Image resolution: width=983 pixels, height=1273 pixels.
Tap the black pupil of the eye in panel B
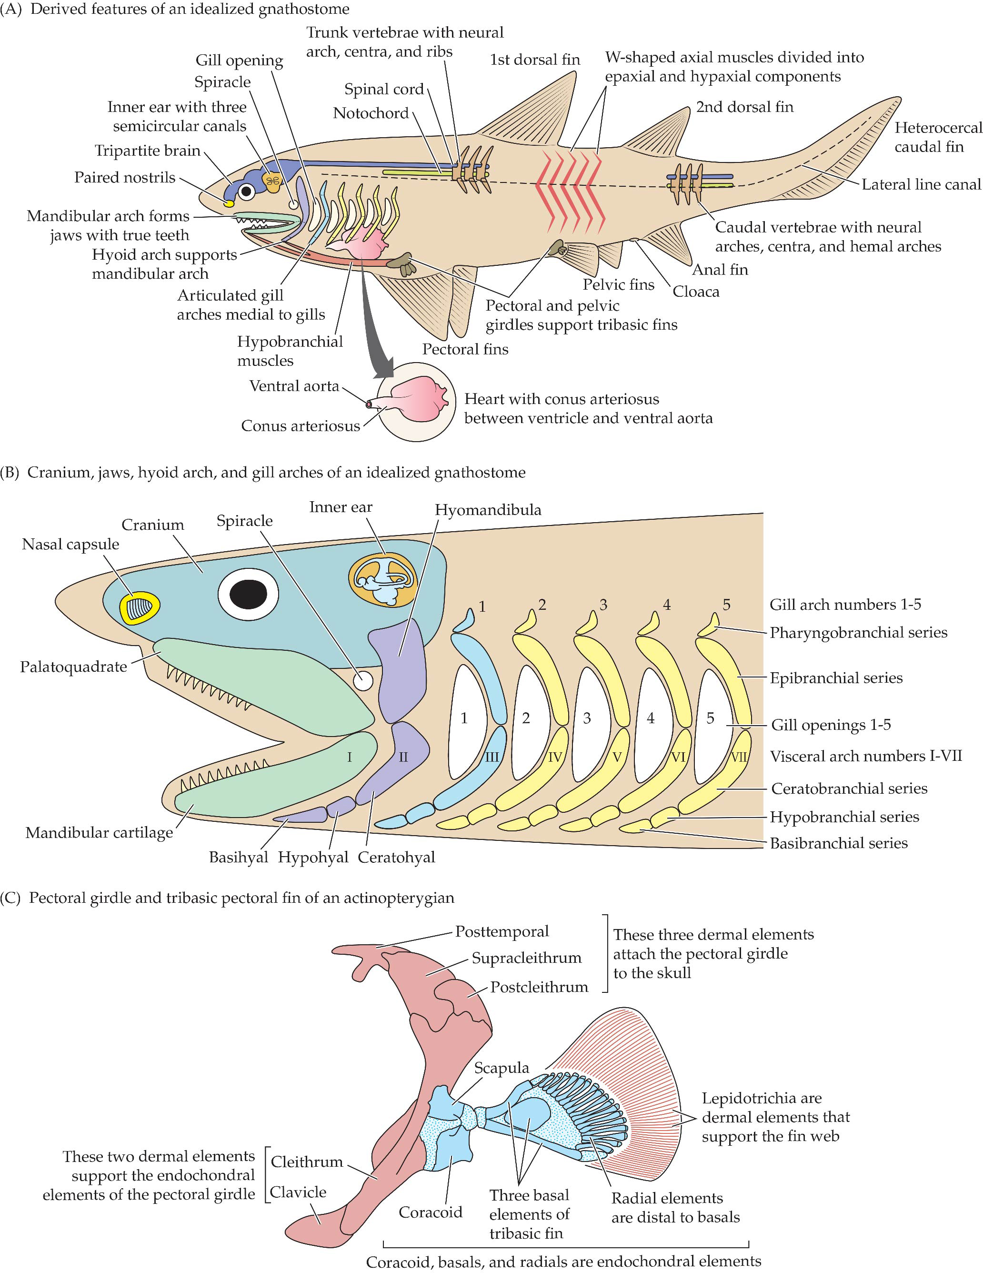click(x=248, y=594)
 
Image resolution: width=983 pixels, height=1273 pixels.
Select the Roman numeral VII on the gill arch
click(x=739, y=758)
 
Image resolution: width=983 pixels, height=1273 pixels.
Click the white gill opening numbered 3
click(x=587, y=719)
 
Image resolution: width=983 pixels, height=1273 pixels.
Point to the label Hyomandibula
click(x=488, y=510)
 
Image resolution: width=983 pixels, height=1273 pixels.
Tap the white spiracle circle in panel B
click(x=363, y=680)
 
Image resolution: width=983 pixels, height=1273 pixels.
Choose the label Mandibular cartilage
click(x=99, y=832)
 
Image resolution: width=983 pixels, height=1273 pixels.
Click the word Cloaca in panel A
click(x=696, y=292)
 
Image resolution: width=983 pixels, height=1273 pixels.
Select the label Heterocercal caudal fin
click(x=938, y=137)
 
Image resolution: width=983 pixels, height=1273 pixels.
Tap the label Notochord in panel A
click(x=371, y=113)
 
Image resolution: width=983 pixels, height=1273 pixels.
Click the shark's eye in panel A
click(x=248, y=191)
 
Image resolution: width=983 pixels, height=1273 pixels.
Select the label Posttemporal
click(x=502, y=931)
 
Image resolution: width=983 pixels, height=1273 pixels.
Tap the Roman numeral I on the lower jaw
click(x=349, y=757)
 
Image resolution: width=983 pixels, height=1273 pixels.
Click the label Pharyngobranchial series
click(x=858, y=632)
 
